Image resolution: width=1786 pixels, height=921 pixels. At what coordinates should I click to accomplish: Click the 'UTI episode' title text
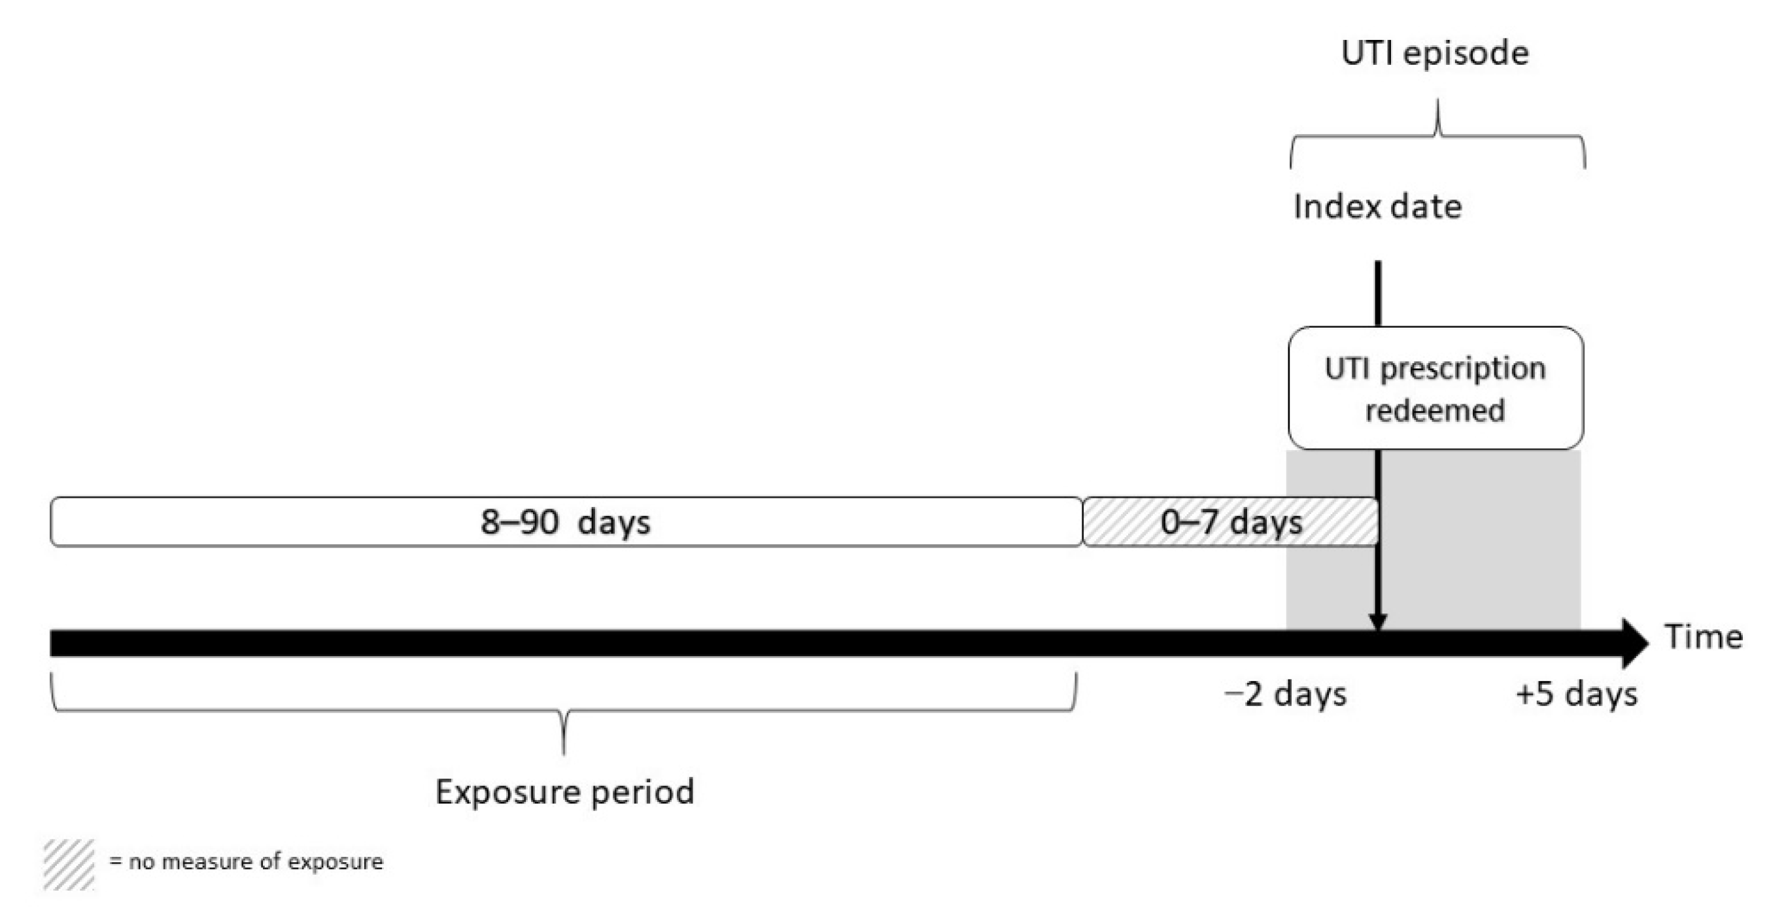coord(1434,54)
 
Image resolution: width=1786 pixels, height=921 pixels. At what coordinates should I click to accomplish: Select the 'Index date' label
coord(1377,207)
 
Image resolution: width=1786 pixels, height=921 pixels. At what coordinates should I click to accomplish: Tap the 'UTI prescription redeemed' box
coord(1435,389)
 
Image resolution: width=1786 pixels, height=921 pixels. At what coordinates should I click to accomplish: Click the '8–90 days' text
coord(565,522)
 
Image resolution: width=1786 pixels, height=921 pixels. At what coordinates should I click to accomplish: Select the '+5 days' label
coord(1576,694)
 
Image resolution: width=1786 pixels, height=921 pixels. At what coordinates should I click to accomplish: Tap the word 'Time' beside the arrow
coord(1704,636)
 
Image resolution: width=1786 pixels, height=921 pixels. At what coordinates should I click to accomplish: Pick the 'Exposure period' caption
coord(564,792)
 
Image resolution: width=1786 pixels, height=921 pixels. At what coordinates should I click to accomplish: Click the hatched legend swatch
coord(69,864)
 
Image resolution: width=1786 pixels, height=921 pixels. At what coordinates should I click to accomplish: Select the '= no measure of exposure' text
coord(246,862)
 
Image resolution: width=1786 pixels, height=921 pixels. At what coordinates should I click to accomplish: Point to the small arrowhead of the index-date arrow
coord(1378,622)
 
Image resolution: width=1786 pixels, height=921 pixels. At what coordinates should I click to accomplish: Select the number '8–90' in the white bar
coord(520,522)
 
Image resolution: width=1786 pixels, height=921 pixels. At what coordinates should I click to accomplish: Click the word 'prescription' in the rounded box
coord(1463,369)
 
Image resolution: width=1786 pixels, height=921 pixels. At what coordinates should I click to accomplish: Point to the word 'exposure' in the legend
coord(335,862)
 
